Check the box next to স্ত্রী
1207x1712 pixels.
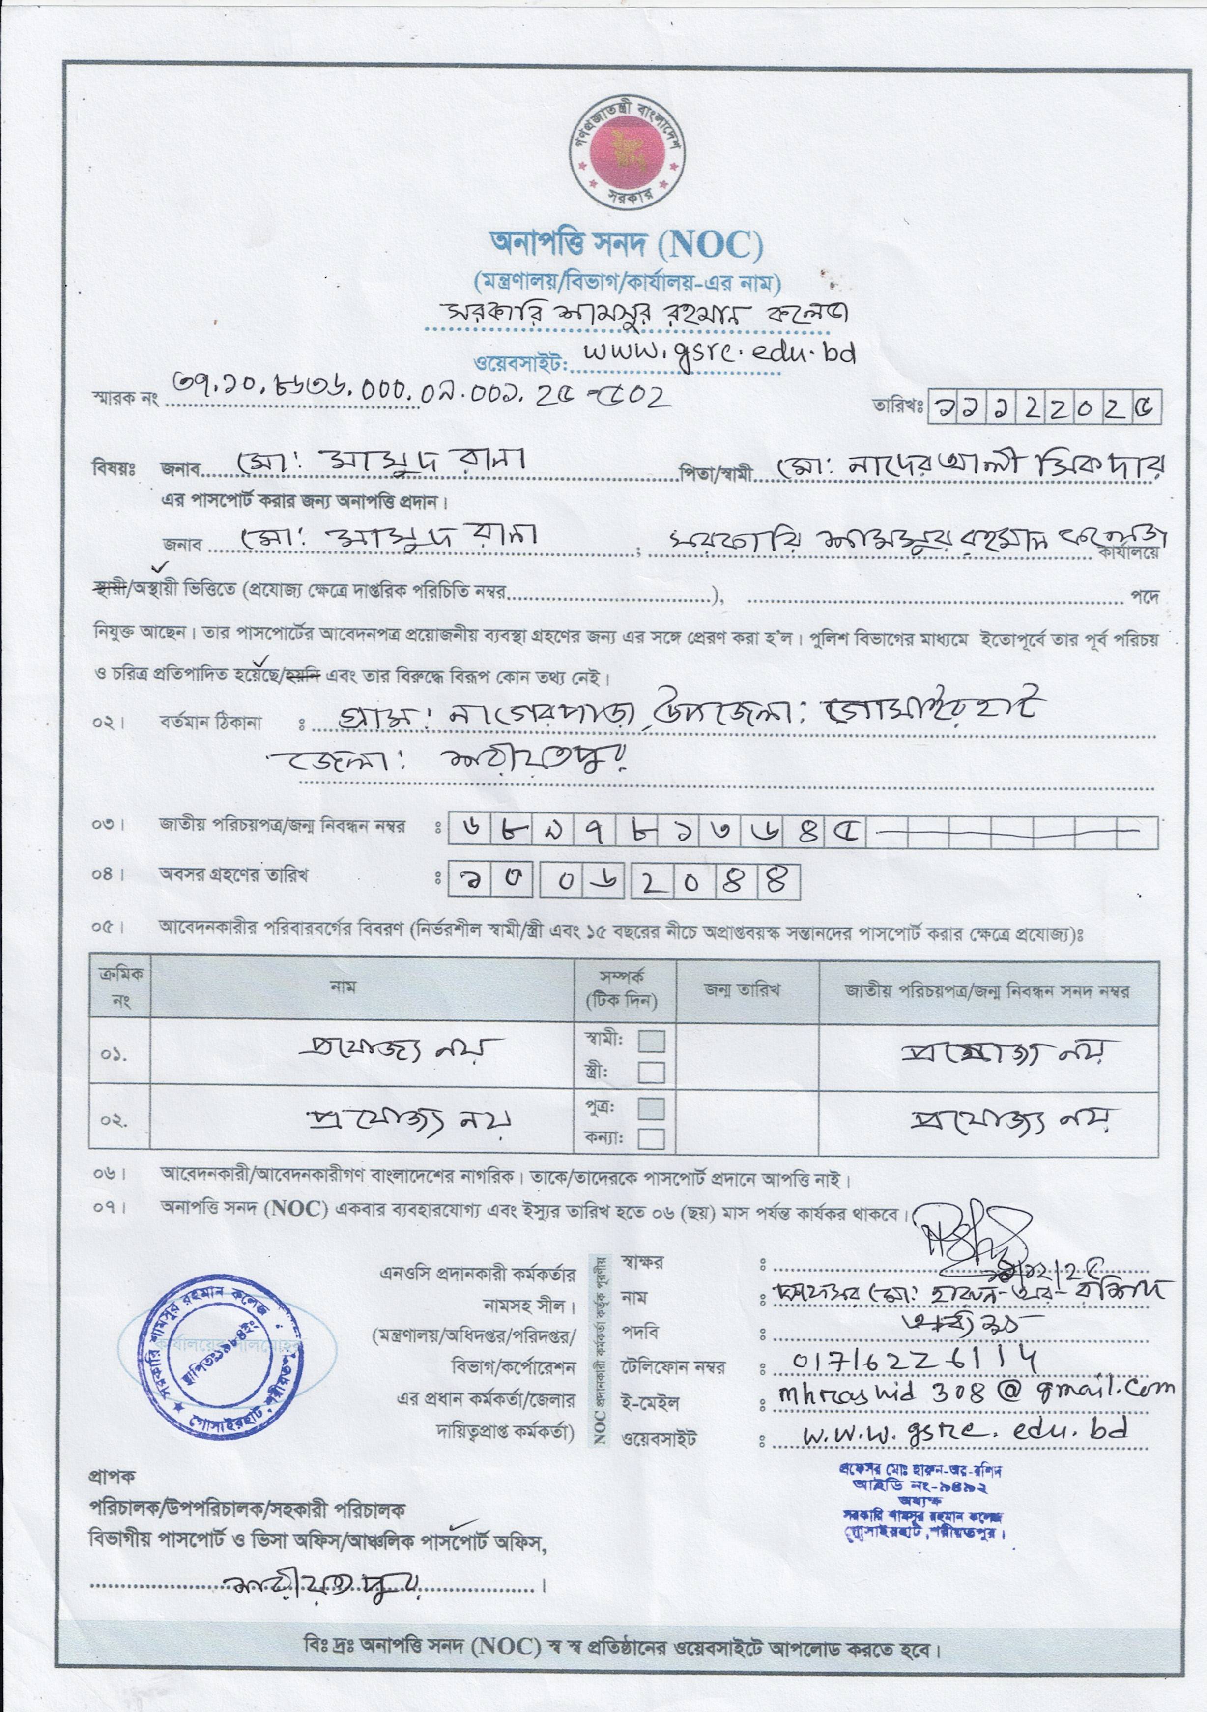coord(652,1072)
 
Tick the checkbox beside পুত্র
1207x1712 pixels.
coord(652,1107)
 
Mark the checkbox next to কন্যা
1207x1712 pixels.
coord(652,1138)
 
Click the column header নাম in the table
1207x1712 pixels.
coord(343,987)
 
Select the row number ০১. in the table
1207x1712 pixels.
coord(114,1055)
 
